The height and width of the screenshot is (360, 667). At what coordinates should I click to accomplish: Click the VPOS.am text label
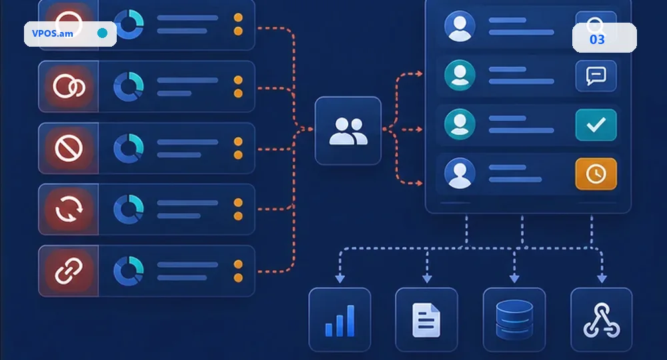[52, 33]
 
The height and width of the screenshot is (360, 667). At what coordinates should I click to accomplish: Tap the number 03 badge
[597, 39]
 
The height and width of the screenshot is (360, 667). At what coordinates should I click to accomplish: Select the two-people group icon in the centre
[348, 131]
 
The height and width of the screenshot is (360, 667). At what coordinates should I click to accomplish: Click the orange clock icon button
[596, 174]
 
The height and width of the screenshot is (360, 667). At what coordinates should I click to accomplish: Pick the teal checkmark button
[596, 125]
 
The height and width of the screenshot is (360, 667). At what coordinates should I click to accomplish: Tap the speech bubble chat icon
[596, 76]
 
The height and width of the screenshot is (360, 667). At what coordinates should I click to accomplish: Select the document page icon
[426, 320]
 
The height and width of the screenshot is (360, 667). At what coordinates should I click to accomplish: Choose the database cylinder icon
[514, 319]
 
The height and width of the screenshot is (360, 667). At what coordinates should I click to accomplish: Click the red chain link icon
[69, 271]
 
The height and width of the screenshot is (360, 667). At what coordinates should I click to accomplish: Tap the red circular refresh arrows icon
[69, 209]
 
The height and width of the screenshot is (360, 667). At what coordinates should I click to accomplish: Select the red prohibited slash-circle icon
[69, 149]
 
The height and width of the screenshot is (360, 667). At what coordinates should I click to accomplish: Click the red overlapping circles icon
[69, 86]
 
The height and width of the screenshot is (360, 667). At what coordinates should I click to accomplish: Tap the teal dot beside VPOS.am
[102, 33]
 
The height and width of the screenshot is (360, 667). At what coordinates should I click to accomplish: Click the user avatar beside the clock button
[460, 173]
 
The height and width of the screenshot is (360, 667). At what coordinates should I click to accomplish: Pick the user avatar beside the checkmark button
[460, 125]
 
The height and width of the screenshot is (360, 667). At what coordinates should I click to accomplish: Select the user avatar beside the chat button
[460, 75]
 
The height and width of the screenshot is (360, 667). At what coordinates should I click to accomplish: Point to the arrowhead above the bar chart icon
[340, 279]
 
